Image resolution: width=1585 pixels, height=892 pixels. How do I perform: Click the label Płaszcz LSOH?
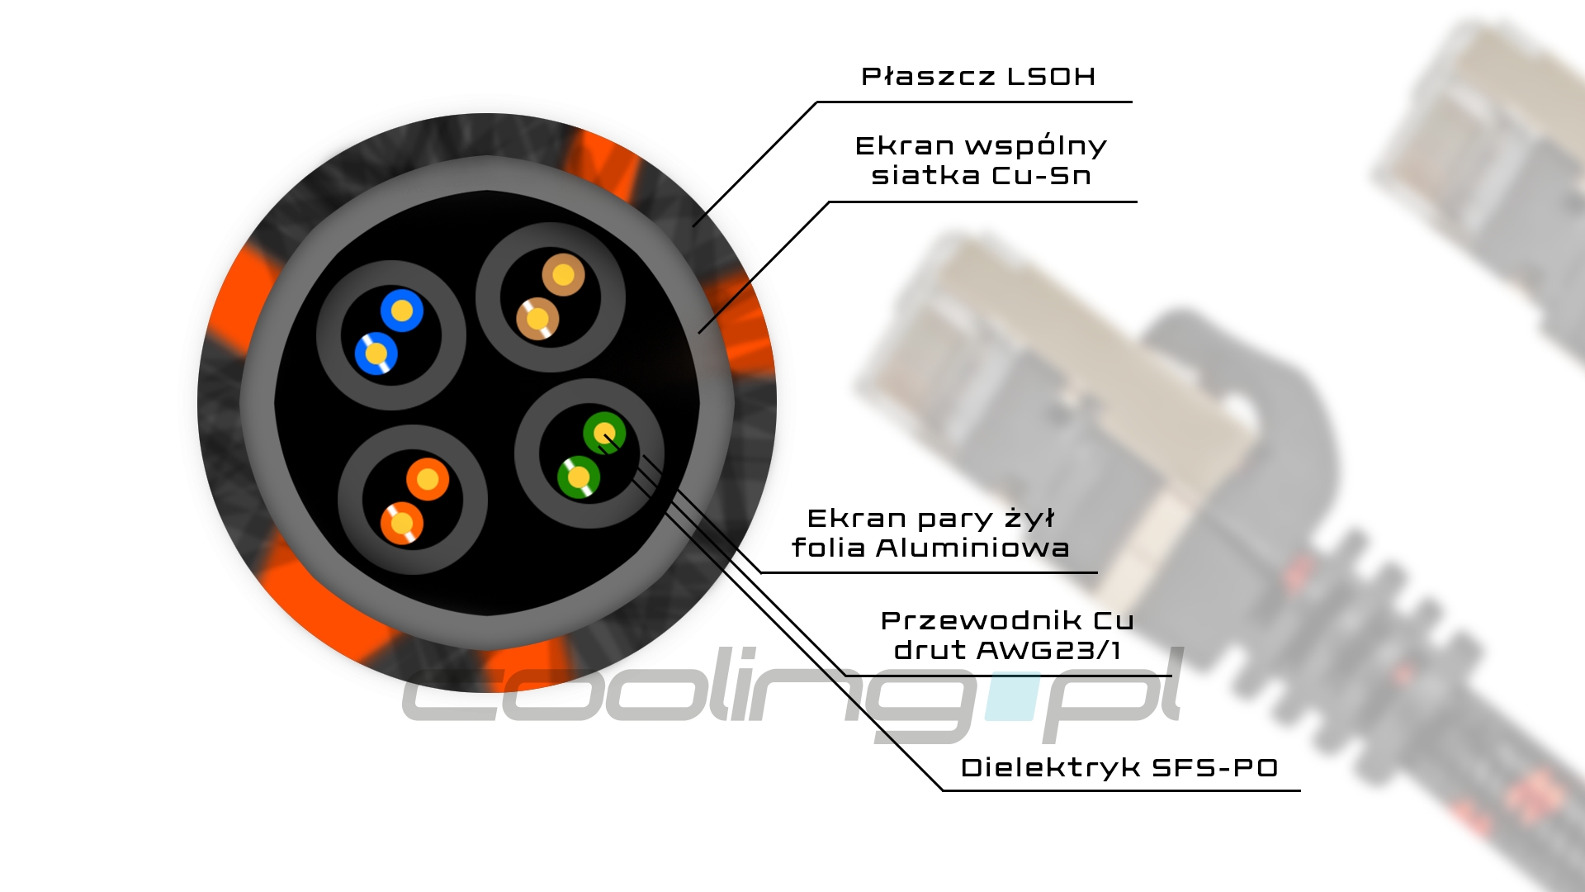tap(978, 77)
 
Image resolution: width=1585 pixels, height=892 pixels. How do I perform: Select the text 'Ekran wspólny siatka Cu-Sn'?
tap(981, 160)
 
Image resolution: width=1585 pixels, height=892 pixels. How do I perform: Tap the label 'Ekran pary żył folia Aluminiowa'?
tap(930, 533)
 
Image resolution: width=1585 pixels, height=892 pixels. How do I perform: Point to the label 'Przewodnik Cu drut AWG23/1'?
tap(1007, 635)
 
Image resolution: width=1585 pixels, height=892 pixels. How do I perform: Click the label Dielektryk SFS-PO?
tap(1119, 767)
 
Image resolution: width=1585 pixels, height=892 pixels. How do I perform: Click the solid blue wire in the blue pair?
tap(402, 311)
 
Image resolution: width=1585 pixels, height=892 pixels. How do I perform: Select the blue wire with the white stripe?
tap(376, 353)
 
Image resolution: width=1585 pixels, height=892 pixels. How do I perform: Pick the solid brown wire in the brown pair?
tap(564, 275)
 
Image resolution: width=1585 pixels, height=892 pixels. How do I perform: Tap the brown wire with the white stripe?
tap(537, 318)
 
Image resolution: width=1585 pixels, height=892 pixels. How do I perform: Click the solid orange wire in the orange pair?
tap(428, 479)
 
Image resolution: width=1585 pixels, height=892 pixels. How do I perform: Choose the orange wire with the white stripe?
tap(402, 523)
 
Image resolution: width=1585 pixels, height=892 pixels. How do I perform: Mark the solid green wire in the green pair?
tap(604, 433)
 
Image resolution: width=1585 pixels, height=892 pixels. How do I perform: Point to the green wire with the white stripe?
tap(579, 477)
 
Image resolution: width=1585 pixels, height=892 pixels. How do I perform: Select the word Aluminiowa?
tap(972, 548)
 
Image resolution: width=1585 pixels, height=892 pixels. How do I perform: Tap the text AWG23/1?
tap(1048, 650)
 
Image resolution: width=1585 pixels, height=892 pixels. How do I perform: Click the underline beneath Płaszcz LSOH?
tap(974, 102)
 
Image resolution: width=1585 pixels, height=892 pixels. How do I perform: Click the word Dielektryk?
tap(1050, 767)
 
